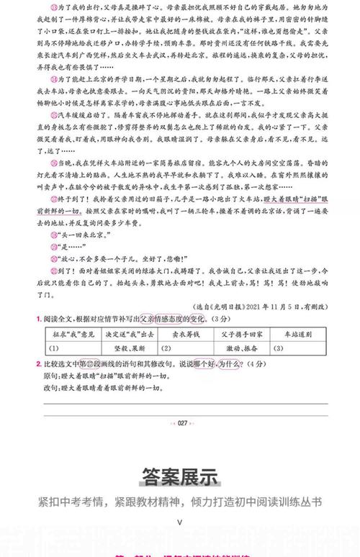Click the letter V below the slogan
pos(179,522)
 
